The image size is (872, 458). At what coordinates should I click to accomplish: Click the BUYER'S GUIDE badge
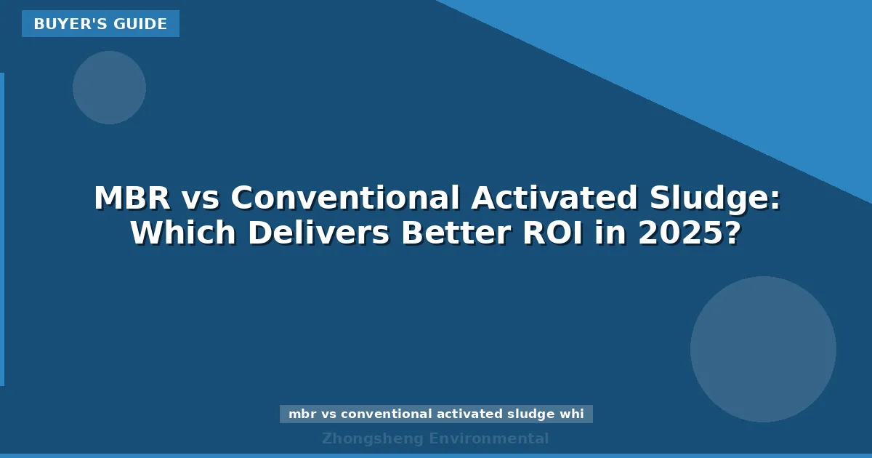coord(100,24)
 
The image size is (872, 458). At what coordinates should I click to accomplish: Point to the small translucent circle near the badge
coord(109,87)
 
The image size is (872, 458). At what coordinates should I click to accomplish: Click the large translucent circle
coord(763,349)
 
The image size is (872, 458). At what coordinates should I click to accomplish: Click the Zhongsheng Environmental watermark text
coord(435,438)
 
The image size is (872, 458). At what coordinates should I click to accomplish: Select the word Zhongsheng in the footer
coord(373,438)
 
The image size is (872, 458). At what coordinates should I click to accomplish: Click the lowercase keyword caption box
coord(436,414)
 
